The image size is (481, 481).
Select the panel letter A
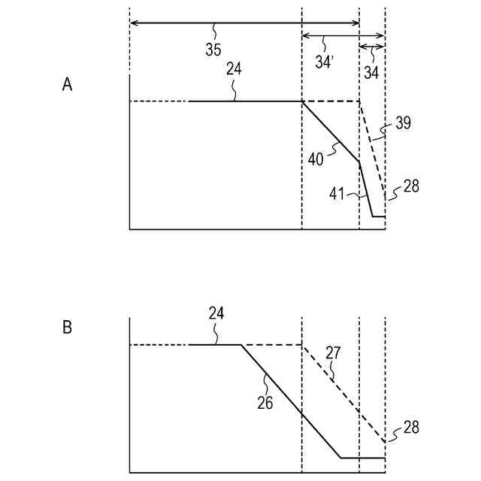(67, 86)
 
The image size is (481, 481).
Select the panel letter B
(67, 328)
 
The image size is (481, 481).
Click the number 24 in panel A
(234, 69)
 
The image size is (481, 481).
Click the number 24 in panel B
(216, 313)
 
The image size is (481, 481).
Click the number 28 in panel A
(411, 186)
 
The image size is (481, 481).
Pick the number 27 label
(334, 352)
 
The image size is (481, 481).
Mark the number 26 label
(265, 402)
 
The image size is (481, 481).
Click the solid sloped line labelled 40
(331, 132)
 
